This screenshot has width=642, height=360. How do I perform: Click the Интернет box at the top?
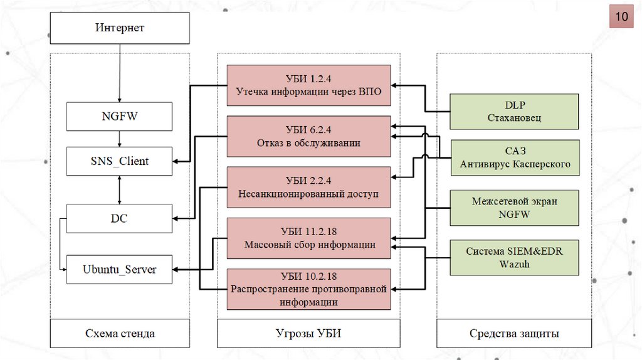120,28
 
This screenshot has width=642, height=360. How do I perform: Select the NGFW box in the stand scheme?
119,116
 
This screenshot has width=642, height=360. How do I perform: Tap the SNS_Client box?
119,161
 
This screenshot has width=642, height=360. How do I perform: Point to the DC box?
119,218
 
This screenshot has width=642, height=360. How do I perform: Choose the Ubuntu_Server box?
119,270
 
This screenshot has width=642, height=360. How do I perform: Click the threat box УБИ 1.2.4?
308,85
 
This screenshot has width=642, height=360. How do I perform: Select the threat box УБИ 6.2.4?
308,136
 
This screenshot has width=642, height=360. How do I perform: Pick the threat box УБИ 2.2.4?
308,187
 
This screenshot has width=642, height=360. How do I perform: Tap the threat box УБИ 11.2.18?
308,238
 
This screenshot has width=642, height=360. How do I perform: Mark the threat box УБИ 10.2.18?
308,289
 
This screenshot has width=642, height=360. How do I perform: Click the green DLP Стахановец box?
514,112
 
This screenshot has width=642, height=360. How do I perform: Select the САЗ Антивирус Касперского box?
514,158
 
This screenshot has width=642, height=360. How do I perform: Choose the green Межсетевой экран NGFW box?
514,208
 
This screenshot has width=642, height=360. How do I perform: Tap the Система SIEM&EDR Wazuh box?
514,258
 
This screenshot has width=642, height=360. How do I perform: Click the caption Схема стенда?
120,334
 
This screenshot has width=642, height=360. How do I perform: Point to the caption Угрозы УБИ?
308,334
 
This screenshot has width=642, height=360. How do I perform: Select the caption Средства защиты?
514,334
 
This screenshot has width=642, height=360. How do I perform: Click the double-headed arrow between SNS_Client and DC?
119,190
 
